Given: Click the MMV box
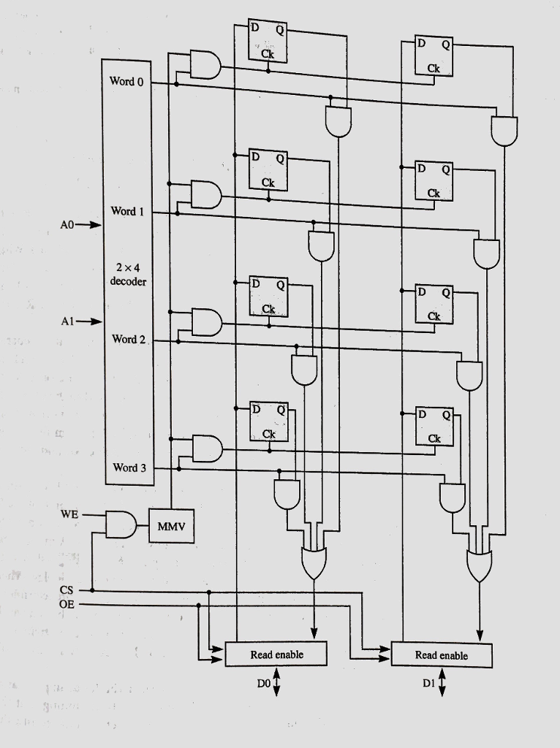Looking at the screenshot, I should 172,525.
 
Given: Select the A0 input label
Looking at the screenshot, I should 68,225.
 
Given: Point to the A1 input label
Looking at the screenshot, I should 68,321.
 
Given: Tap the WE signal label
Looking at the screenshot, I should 69,514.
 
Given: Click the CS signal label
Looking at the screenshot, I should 67,590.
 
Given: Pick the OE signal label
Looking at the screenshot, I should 67,605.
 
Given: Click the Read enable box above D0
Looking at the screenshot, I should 276,654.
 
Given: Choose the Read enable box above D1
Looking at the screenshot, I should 442,655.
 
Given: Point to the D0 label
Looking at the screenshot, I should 264,684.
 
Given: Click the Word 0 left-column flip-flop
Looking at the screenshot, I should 268,41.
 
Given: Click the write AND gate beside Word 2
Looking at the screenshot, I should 206,321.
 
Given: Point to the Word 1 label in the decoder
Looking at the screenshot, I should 126,212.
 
